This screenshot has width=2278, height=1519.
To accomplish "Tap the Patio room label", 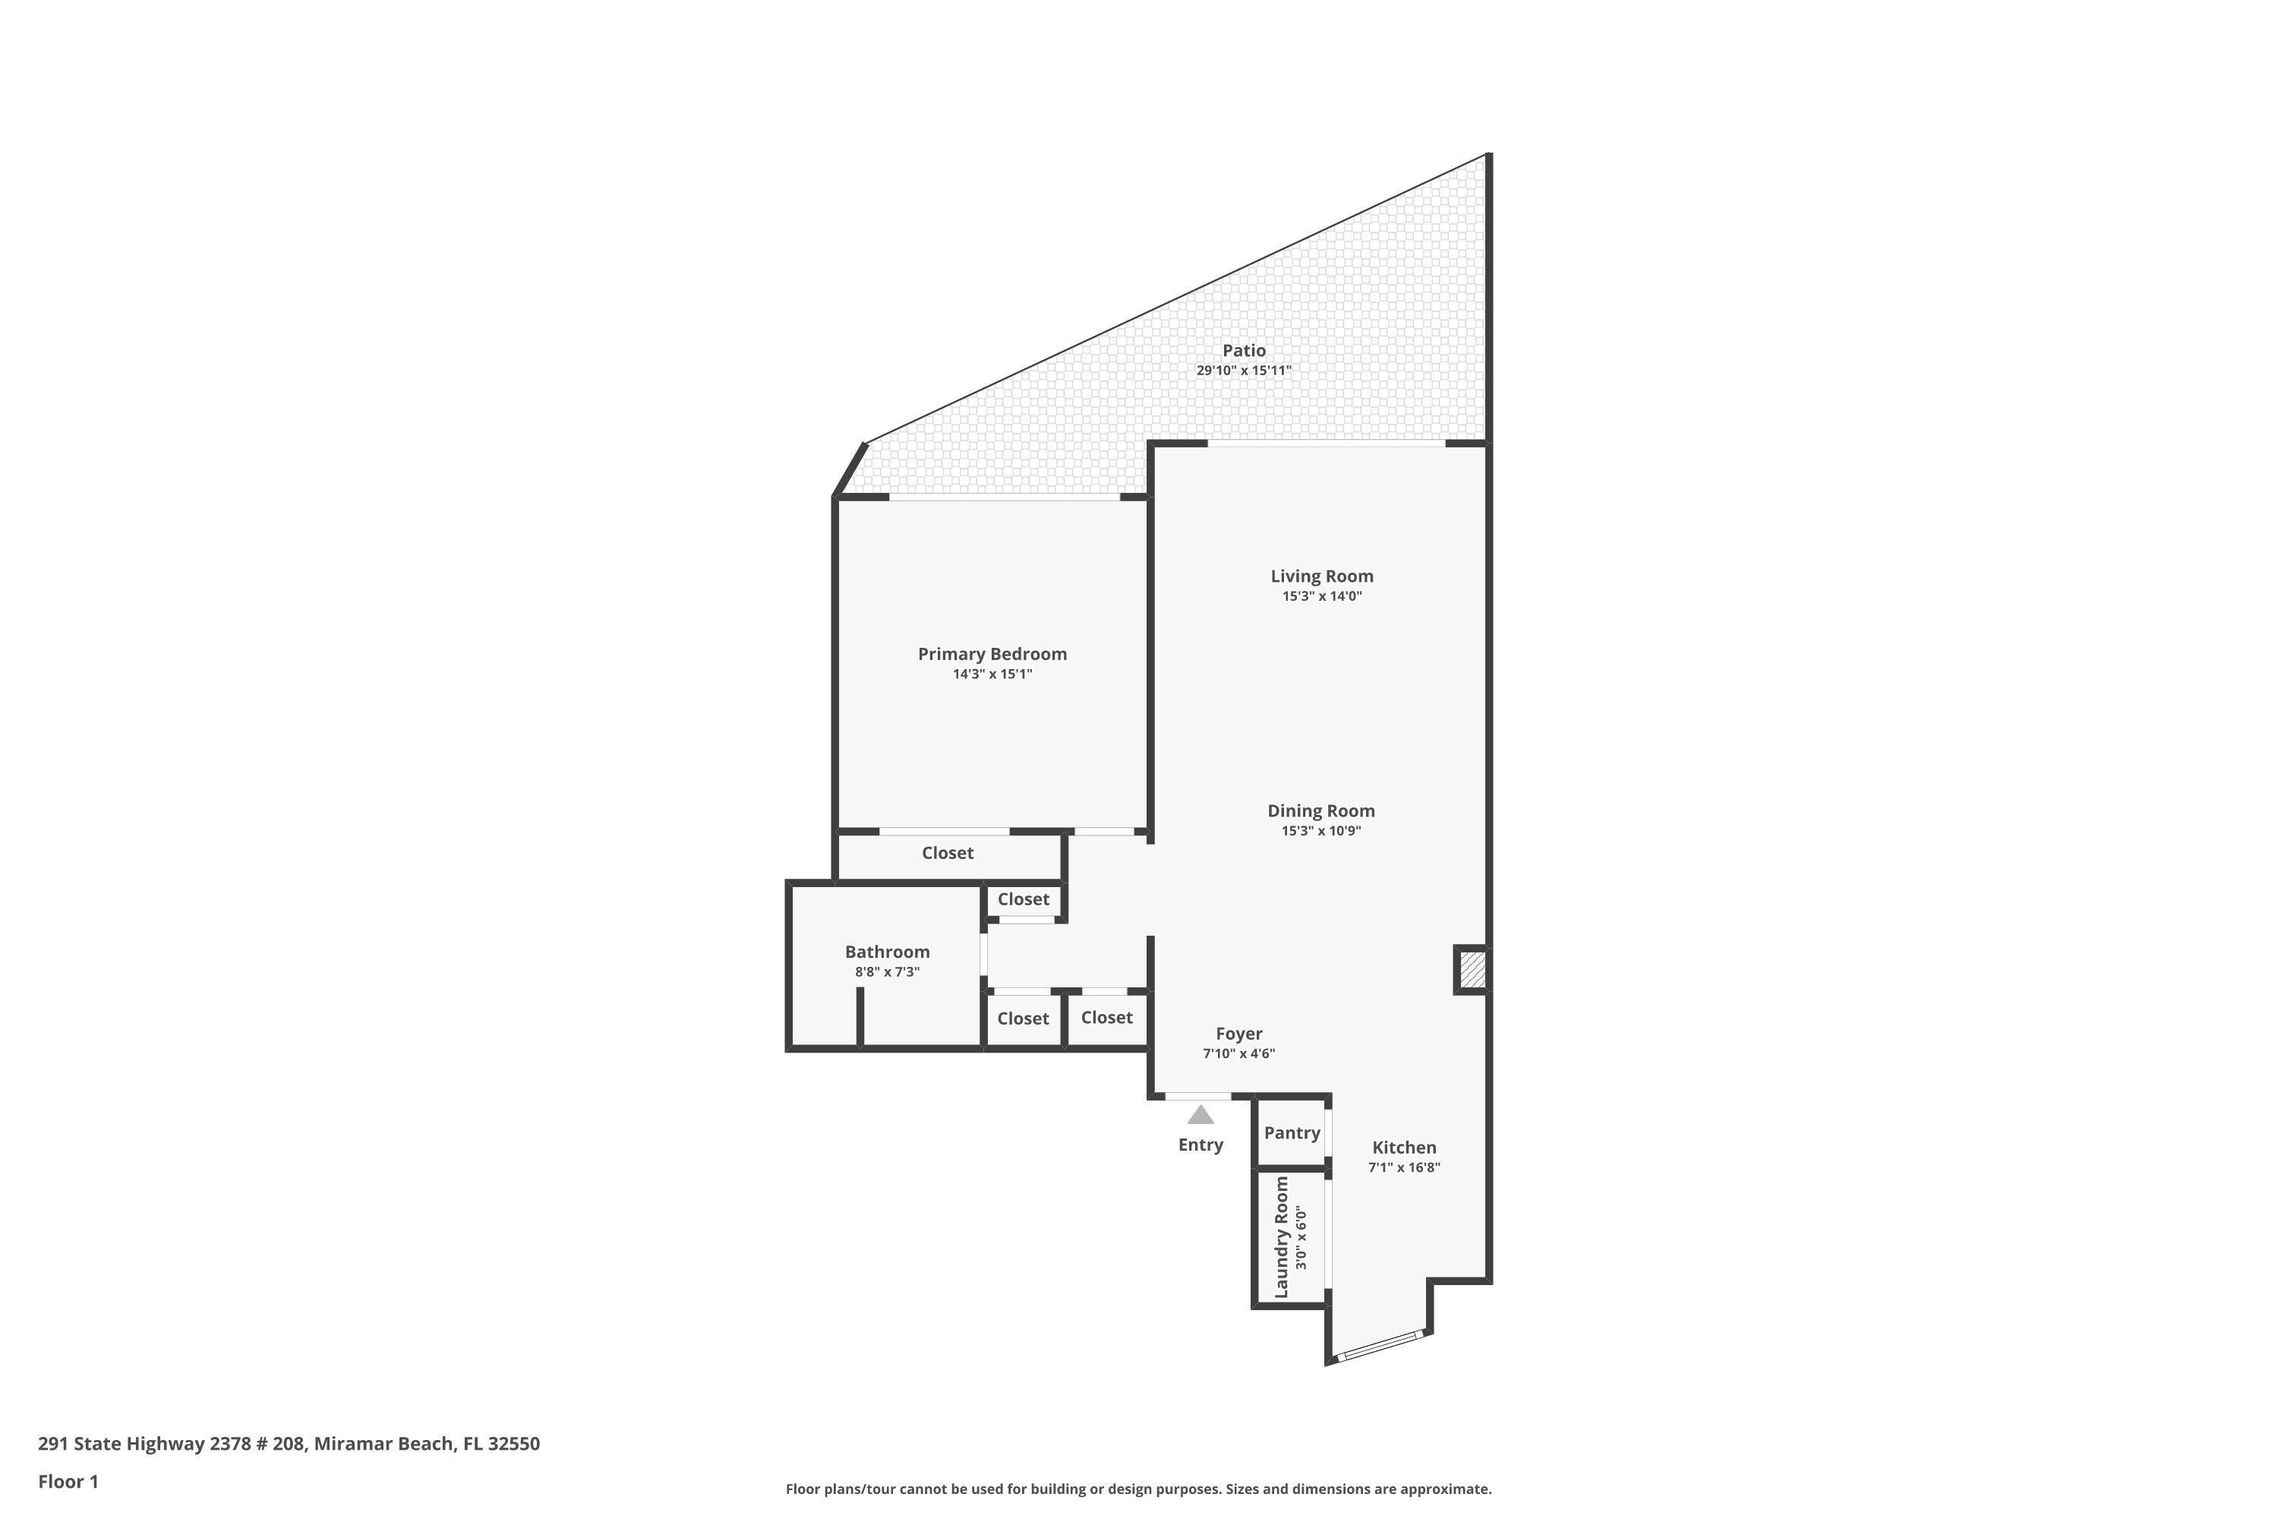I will (x=1244, y=351).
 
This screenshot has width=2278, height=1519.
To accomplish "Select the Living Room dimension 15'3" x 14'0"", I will (x=1322, y=597).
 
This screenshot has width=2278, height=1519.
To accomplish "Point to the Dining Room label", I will (x=1321, y=811).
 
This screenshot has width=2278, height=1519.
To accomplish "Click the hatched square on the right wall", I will (x=1472, y=970).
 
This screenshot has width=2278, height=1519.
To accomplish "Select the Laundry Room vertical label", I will (x=1282, y=1237).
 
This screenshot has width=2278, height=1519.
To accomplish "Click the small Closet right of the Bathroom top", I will (x=1023, y=899).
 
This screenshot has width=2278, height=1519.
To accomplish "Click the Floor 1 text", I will (x=68, y=1481).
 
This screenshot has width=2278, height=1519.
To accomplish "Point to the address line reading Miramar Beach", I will (x=289, y=1444).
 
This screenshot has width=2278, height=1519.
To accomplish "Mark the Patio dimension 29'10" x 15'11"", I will (x=1244, y=371).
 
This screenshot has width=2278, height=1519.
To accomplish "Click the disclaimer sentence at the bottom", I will (x=1138, y=1489).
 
